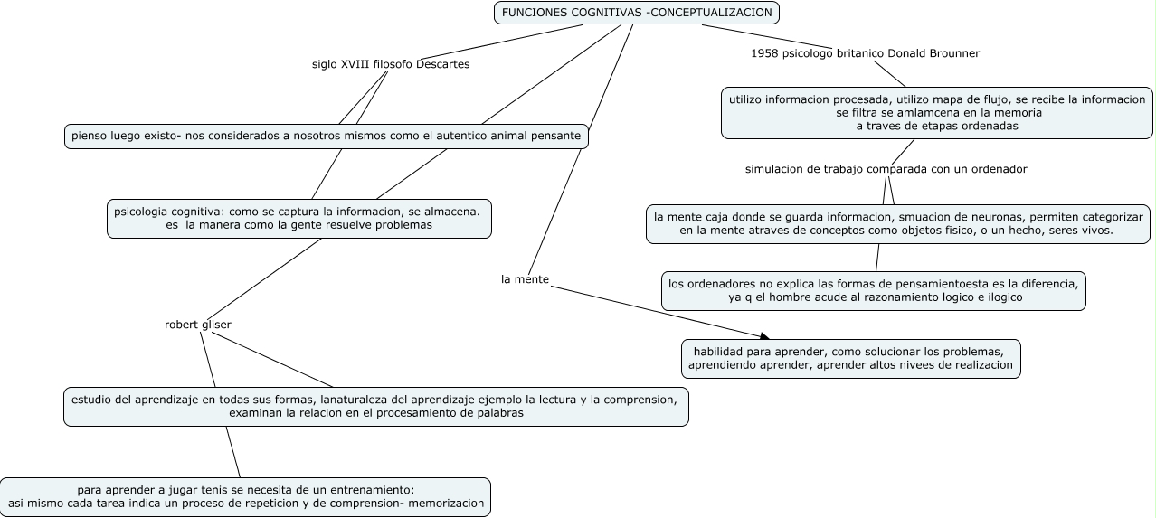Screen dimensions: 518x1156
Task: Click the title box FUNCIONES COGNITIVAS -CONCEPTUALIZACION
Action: [636, 13]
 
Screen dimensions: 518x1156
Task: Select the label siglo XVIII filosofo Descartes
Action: [391, 64]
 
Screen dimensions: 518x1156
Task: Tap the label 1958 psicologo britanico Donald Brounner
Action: [865, 53]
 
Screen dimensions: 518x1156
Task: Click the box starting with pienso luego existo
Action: [327, 137]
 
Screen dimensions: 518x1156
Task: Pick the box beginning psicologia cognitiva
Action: [298, 218]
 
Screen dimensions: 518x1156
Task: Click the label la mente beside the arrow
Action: [525, 279]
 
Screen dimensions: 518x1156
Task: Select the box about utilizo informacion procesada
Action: [936, 113]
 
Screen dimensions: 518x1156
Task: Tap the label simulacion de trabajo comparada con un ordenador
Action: [886, 169]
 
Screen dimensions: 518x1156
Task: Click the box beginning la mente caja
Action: [897, 224]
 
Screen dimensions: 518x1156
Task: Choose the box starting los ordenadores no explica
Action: [873, 290]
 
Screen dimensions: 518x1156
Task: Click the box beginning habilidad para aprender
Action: [850, 359]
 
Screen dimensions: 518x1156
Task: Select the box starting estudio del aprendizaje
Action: [375, 406]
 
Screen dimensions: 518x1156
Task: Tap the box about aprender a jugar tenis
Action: [245, 496]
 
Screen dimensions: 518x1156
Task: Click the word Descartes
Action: [442, 64]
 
